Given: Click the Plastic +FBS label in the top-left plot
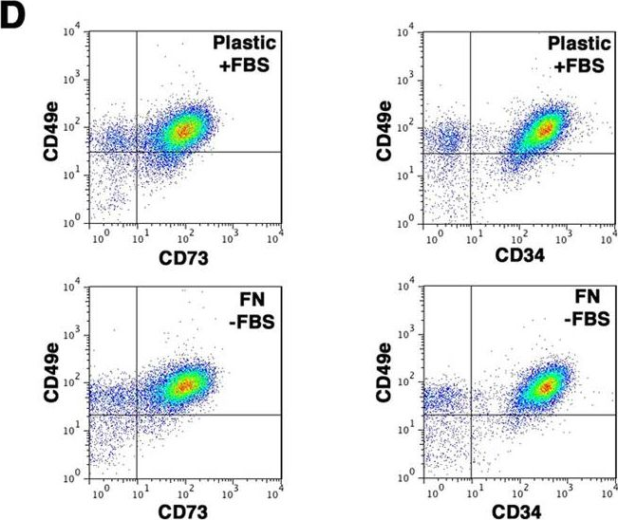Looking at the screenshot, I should pos(245,55).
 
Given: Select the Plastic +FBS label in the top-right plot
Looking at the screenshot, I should pos(578,55).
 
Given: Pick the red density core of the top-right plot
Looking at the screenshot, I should pos(545,128).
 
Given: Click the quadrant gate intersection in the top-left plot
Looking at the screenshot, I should pos(138,152).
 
